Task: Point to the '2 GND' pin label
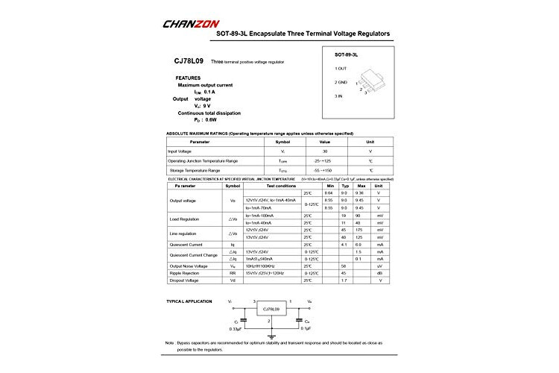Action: coord(342,82)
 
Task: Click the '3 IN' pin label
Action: coord(340,95)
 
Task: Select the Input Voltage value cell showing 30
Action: coord(325,151)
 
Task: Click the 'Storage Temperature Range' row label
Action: coord(195,170)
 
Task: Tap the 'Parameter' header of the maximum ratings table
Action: coord(200,141)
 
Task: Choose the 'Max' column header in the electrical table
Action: coord(361,185)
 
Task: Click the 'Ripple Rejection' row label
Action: coord(185,273)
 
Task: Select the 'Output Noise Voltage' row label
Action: coord(188,265)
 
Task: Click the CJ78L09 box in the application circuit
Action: coord(271,309)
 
